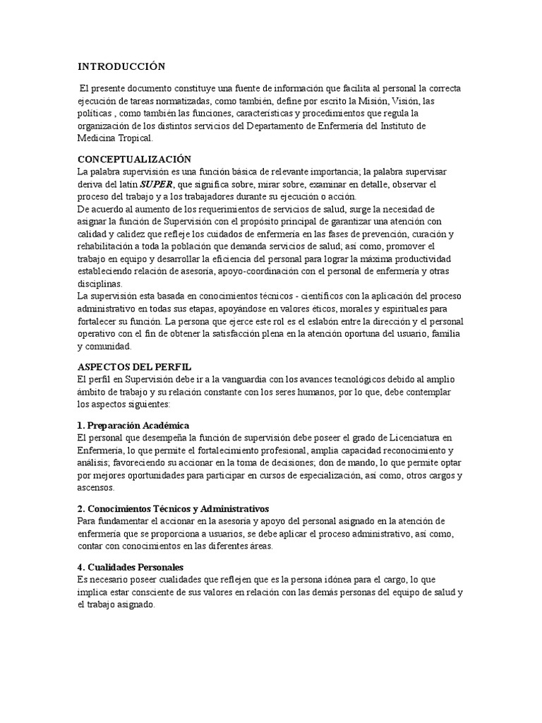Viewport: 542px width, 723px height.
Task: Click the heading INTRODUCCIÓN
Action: pos(121,66)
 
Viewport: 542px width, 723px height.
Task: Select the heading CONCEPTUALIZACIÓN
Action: pos(134,160)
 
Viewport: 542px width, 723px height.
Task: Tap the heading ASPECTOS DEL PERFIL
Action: pos(134,368)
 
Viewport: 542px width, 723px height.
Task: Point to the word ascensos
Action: pos(95,488)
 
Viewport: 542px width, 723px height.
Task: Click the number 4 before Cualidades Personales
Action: pos(80,567)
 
